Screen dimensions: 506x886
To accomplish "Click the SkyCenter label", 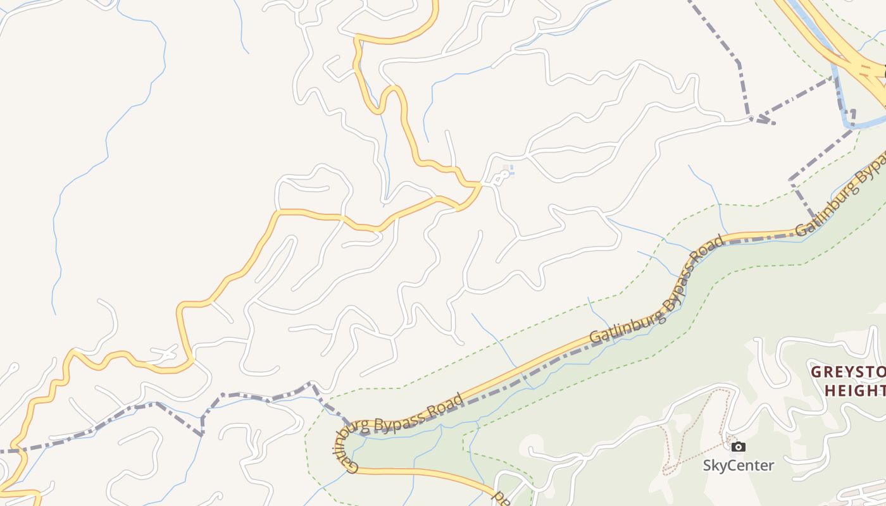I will coord(738,466).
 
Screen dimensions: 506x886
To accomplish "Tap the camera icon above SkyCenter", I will coord(738,447).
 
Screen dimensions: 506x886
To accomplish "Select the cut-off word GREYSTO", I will coord(848,371).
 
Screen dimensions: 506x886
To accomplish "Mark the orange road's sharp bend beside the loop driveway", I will coord(478,185).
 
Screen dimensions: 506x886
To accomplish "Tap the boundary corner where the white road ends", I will coord(752,118).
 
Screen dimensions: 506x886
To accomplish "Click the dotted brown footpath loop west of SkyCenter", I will coord(696,430).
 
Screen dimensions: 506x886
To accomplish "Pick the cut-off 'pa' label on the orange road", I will coord(502,498).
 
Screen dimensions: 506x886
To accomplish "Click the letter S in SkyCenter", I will coord(708,466).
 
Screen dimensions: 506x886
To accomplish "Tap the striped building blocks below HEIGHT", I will coord(867,490).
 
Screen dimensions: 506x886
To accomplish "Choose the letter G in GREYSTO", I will coord(817,371).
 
